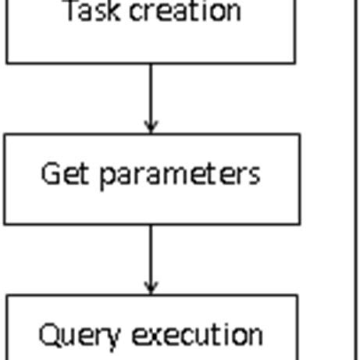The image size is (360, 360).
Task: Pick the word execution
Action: click(197, 334)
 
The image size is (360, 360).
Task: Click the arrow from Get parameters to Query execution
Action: click(151, 258)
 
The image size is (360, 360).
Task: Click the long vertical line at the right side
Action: click(355, 180)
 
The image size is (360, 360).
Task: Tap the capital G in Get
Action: click(51, 173)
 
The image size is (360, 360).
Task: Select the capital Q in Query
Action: click(49, 335)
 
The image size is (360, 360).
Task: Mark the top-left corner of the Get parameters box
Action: click(5, 134)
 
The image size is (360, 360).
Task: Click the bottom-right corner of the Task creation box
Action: click(295, 62)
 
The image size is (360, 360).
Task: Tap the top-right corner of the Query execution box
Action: click(298, 295)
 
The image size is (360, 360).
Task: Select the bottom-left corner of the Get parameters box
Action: click(5, 224)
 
